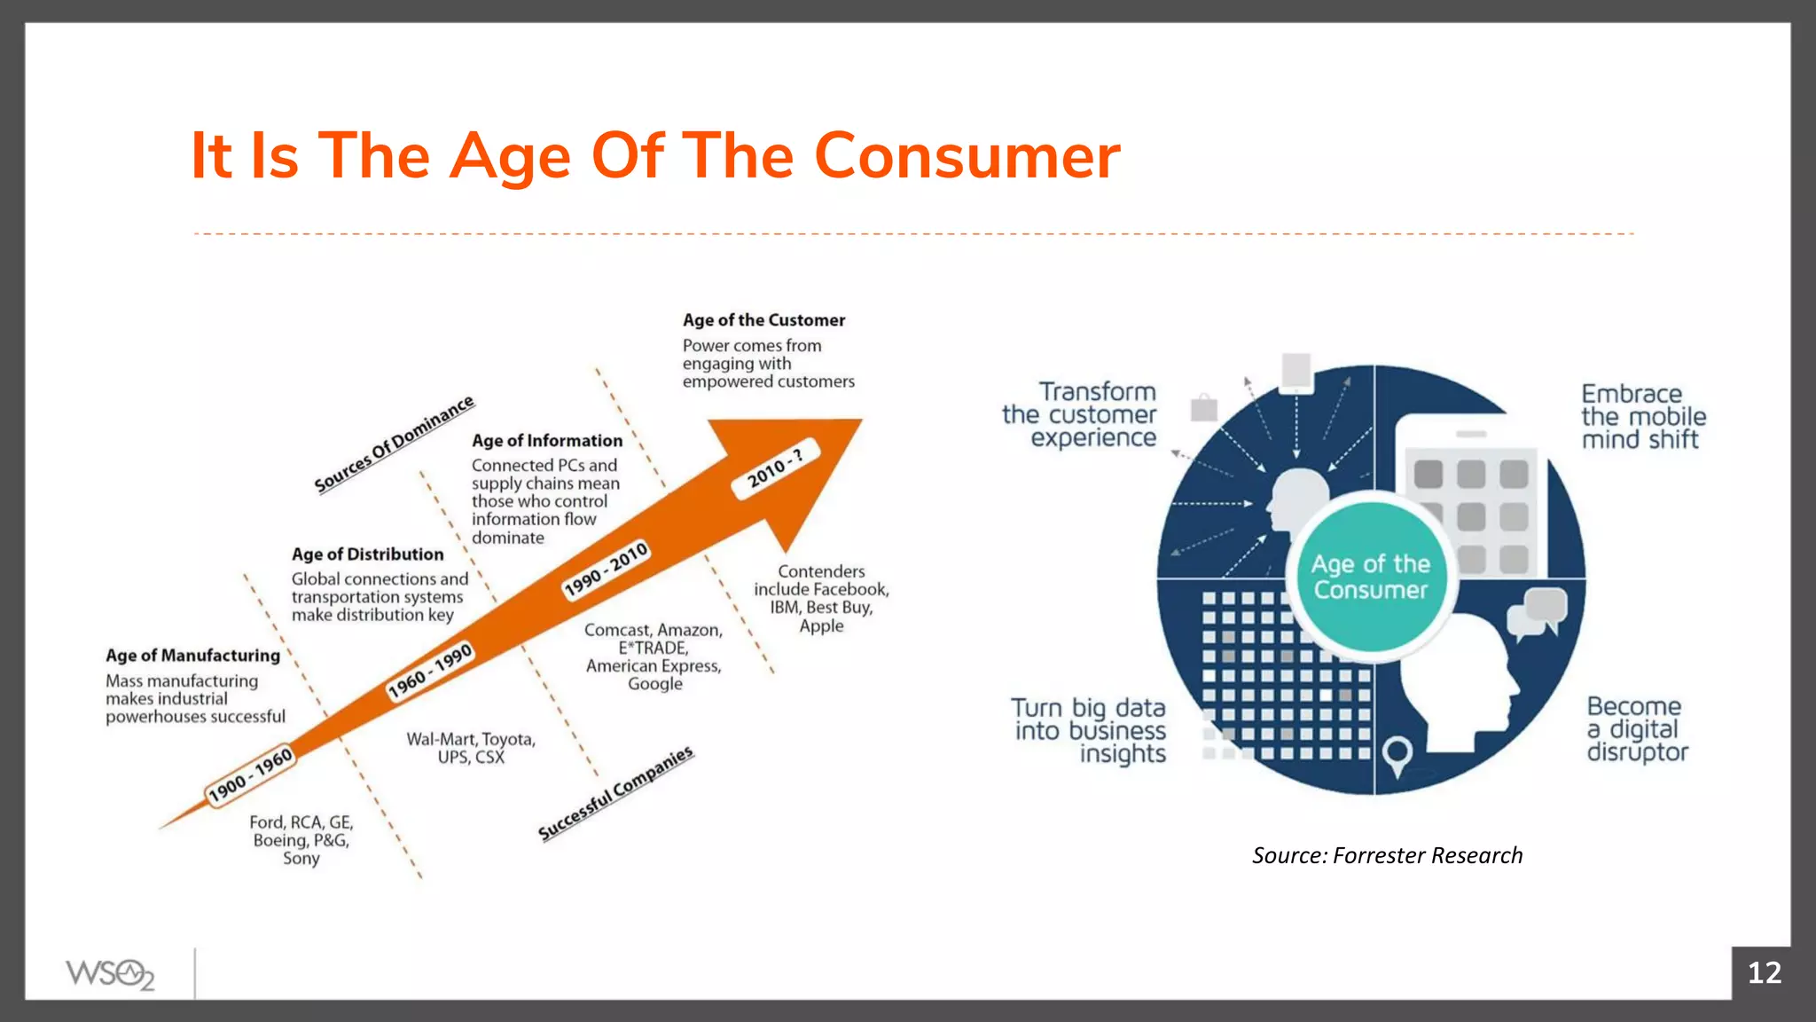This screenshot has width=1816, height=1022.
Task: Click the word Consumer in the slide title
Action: (x=967, y=156)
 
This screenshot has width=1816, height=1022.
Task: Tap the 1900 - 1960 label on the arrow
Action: (x=249, y=775)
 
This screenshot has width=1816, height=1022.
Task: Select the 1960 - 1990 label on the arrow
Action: (x=430, y=672)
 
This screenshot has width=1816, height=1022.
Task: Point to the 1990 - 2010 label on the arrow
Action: (x=607, y=570)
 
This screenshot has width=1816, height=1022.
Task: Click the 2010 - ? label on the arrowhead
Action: (x=775, y=468)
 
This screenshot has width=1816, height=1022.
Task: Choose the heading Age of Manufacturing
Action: (x=192, y=656)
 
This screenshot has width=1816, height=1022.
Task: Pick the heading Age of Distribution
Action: (x=367, y=554)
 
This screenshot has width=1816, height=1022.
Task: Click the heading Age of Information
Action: (x=546, y=441)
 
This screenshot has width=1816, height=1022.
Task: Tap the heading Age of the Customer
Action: (x=763, y=320)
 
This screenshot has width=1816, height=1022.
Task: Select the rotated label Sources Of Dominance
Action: (x=395, y=444)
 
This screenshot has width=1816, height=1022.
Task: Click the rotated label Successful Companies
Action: (x=615, y=794)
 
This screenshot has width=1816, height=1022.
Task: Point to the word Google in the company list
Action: (x=654, y=684)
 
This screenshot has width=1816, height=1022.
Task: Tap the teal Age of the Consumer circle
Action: (x=1370, y=578)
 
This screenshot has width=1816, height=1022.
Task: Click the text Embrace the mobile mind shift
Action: (x=1642, y=417)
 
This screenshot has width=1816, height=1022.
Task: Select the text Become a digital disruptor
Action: (x=1637, y=729)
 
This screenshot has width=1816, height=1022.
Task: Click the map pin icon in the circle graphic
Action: (x=1397, y=755)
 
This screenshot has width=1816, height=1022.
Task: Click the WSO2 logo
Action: (x=110, y=974)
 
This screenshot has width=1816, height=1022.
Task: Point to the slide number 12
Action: (x=1764, y=973)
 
